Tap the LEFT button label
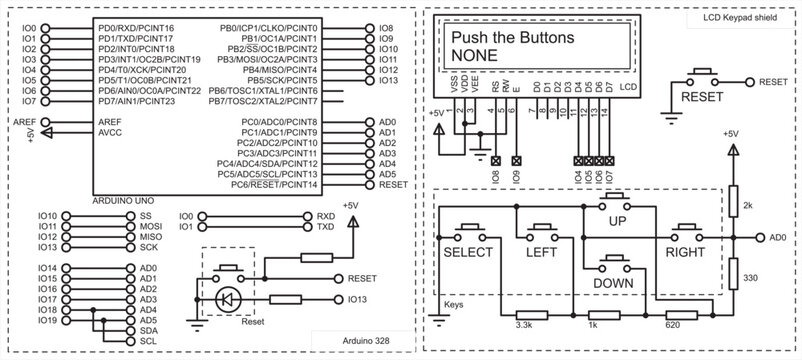pos(541,254)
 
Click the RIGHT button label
pos(685,254)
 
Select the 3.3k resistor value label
pos(523,325)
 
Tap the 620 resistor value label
pos(673,325)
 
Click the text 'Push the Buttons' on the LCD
pos(511,38)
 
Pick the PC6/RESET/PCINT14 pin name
pos(273,185)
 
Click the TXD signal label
pos(325,227)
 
